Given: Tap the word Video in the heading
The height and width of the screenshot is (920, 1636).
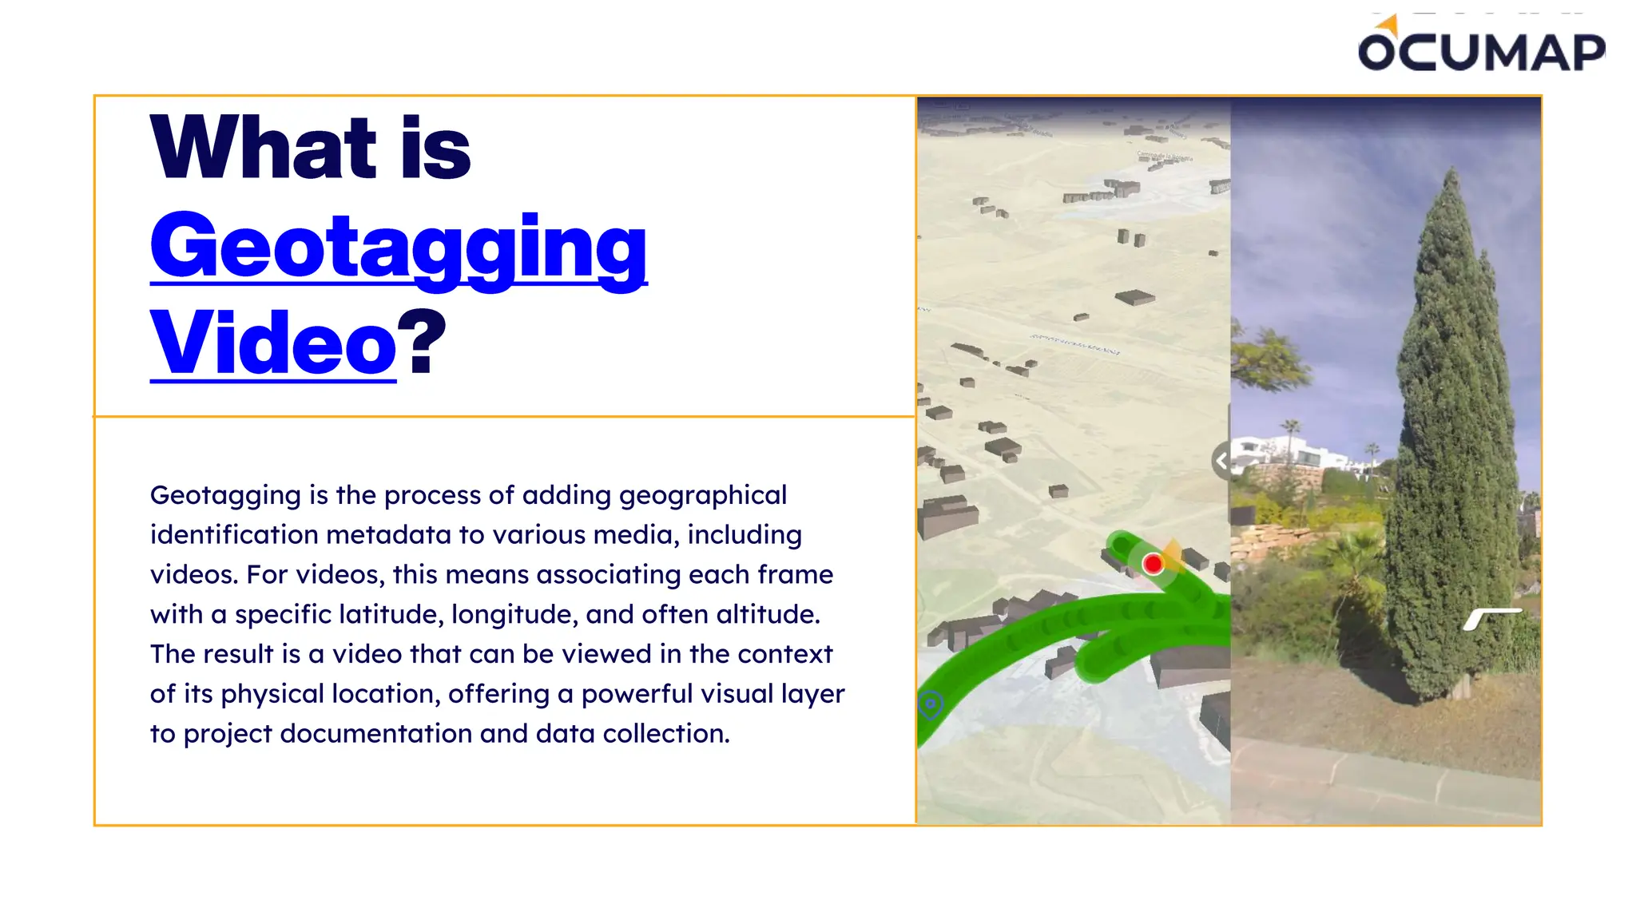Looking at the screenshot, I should coord(272,343).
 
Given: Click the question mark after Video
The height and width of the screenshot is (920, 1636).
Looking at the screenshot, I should coord(422,343).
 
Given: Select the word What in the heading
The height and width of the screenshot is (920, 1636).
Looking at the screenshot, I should coord(263,148).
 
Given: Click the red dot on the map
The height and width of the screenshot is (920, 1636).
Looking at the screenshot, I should coord(1153,564).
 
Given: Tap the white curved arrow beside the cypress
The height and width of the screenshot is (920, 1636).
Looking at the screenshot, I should coord(1491,617).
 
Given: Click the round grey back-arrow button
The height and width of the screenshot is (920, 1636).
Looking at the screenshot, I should coord(1221,461).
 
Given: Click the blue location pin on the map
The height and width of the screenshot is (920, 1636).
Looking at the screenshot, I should coord(931,705).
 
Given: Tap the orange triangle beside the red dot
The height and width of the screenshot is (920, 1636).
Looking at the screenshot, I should coord(1173,551).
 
